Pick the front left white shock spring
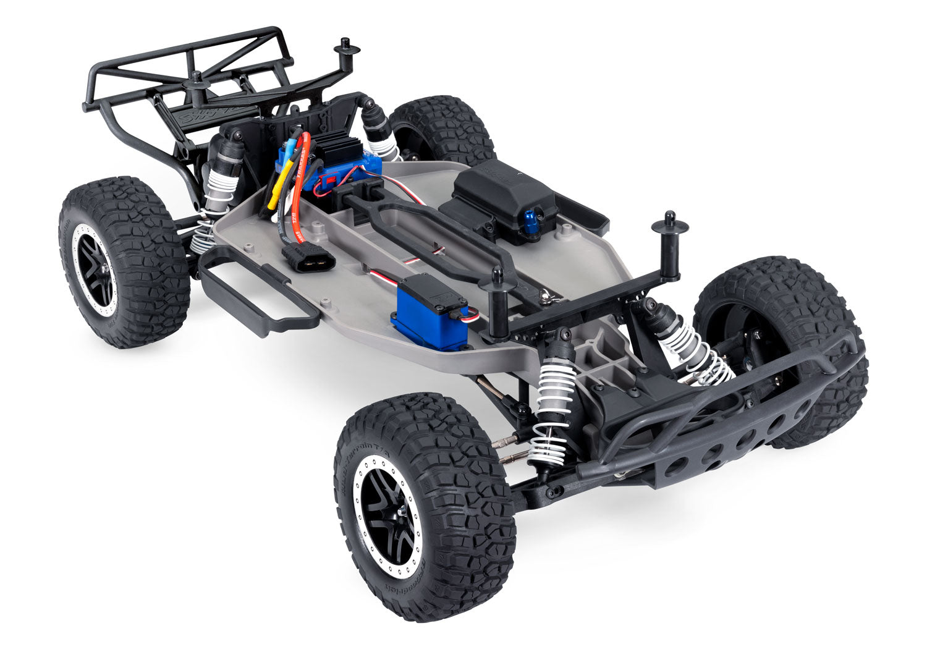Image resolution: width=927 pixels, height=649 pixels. [550, 414]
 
